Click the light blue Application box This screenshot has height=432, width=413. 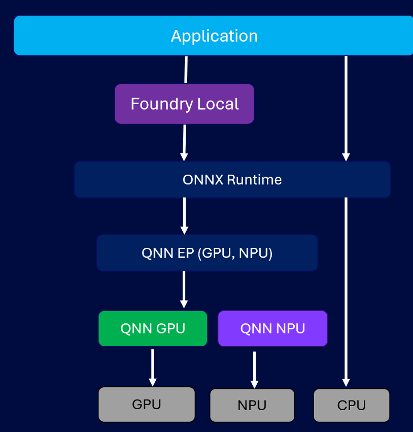214,36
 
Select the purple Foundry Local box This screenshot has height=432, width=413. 184,104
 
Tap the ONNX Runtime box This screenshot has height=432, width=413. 232,180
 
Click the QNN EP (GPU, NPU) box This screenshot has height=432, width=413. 207,253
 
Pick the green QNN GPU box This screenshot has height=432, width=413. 153,328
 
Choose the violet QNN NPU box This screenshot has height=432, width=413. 272,328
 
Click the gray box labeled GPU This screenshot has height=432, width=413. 147,404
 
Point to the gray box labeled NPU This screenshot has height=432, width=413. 252,406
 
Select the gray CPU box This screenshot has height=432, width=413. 351,406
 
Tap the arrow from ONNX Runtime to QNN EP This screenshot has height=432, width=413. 184,216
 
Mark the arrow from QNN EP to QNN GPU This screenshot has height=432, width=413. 184,289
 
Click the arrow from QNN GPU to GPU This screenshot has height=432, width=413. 152,367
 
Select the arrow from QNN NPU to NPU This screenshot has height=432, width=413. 254,370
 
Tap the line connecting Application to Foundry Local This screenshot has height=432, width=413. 186,70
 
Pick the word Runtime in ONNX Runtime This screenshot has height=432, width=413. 254,180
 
